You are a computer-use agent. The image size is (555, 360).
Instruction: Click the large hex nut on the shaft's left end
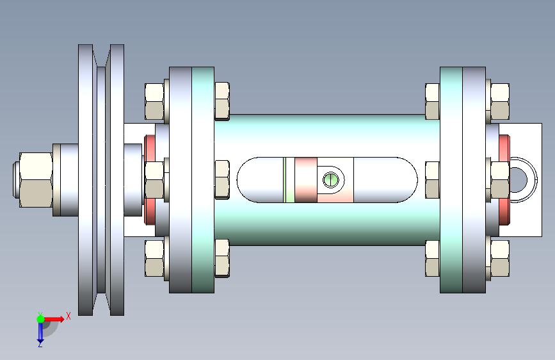(36, 179)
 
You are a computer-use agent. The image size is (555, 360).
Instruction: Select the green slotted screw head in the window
(331, 179)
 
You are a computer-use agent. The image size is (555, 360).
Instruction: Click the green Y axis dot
(40, 319)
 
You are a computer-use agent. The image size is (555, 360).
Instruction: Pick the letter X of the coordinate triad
(68, 316)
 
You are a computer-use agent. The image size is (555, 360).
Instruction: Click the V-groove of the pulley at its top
(101, 57)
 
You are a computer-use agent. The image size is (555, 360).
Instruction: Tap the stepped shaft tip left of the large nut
(15, 179)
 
